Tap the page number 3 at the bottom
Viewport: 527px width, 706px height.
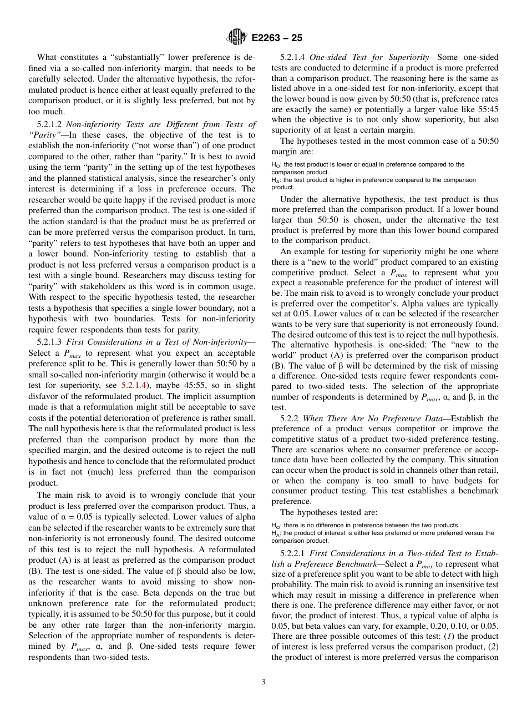point(263,682)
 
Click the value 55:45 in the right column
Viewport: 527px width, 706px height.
point(486,109)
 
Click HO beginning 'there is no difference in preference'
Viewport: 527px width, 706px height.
point(275,525)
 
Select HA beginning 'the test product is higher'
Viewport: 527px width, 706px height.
point(275,180)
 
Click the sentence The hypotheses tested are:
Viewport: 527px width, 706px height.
point(328,512)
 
